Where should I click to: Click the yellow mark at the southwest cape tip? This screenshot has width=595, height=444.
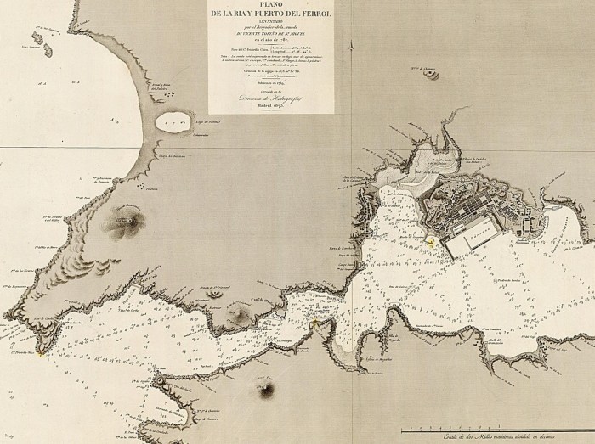point(37,354)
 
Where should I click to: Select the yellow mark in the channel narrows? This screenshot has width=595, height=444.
point(314,323)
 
